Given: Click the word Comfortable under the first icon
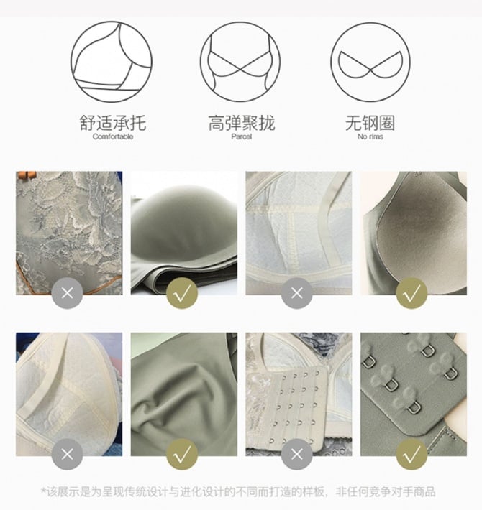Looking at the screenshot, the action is click(113, 136).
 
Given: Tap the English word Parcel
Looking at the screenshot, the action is click(241, 136).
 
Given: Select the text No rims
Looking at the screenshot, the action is click(370, 136).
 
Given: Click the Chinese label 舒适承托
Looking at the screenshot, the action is click(113, 123).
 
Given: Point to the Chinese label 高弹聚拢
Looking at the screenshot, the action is click(241, 123).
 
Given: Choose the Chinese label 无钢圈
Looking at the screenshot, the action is click(370, 123).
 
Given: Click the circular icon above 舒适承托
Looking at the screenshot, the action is click(112, 62).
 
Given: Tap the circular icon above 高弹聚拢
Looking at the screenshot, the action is click(240, 62).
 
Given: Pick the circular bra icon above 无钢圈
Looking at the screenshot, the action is click(370, 62).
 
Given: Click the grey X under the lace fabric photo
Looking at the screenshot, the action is click(67, 293).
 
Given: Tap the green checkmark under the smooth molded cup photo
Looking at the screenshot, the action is click(182, 293).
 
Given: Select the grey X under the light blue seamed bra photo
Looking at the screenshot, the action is click(296, 293).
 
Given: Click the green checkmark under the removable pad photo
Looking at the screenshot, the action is click(411, 293).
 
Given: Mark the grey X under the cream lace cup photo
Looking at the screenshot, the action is click(67, 454).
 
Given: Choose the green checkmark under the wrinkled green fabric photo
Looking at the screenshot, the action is click(182, 454).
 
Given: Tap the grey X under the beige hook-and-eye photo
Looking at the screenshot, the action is click(296, 454).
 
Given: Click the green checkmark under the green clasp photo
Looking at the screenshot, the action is click(411, 454).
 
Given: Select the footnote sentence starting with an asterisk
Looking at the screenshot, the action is click(238, 491).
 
